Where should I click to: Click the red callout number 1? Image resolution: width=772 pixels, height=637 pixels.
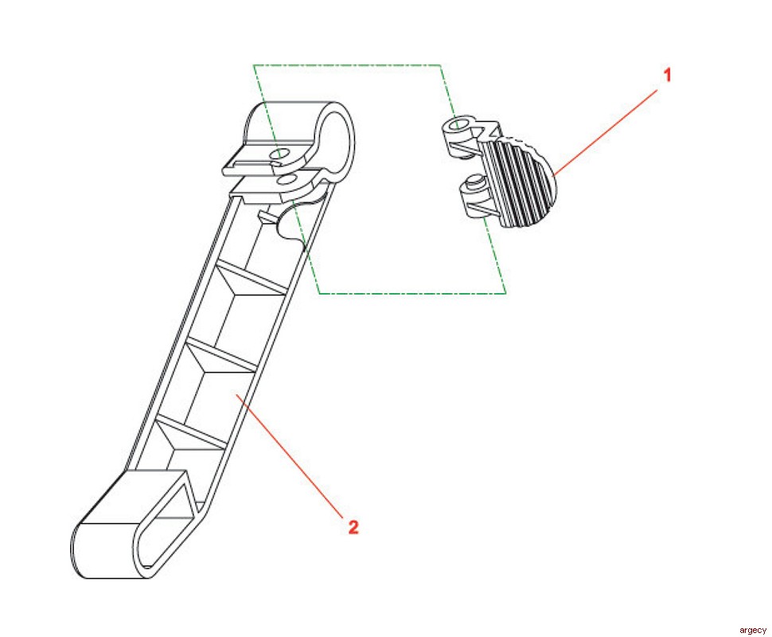[x=667, y=76]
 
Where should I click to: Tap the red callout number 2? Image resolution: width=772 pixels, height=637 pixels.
[x=353, y=527]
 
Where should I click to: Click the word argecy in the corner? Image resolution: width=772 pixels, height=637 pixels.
[x=753, y=630]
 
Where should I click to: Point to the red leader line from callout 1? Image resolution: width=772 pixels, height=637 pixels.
[x=605, y=132]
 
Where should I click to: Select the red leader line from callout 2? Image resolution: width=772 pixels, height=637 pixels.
[x=289, y=455]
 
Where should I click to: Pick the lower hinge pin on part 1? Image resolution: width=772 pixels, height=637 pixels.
[x=474, y=182]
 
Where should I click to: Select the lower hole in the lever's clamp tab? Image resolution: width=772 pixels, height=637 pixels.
[x=286, y=179]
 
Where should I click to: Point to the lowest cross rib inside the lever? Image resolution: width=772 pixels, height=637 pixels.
[x=190, y=432]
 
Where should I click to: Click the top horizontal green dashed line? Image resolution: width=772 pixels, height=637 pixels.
[x=347, y=65]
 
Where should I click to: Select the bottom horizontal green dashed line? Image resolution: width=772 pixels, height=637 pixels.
[x=412, y=293]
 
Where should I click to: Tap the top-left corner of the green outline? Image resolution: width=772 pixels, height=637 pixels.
[x=254, y=65]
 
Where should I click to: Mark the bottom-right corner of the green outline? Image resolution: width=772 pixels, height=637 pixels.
[x=505, y=293]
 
